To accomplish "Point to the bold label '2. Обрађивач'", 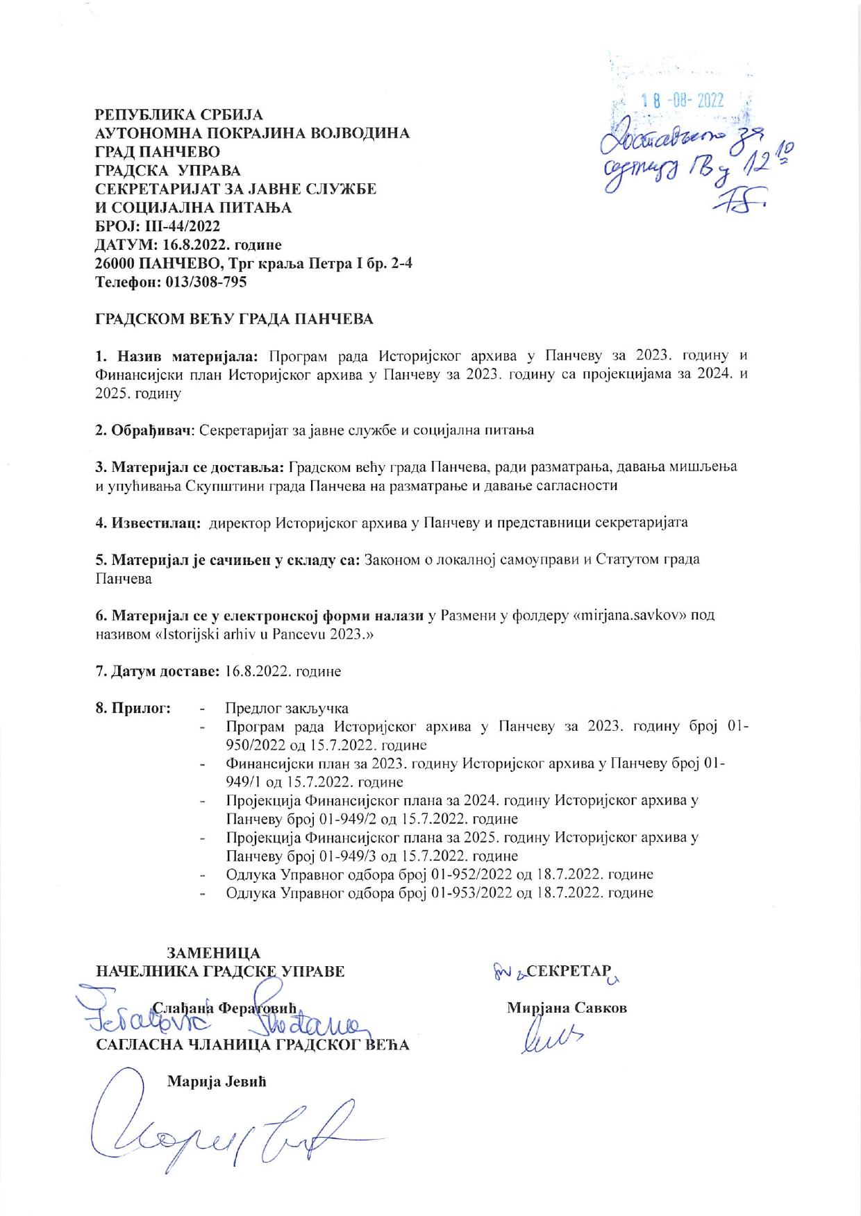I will pyautogui.click(x=144, y=430).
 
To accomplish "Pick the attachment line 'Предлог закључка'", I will pyautogui.click(x=287, y=708).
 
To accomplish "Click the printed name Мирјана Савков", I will pyautogui.click(x=567, y=1008).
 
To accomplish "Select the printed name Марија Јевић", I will pyautogui.click(x=217, y=1081).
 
